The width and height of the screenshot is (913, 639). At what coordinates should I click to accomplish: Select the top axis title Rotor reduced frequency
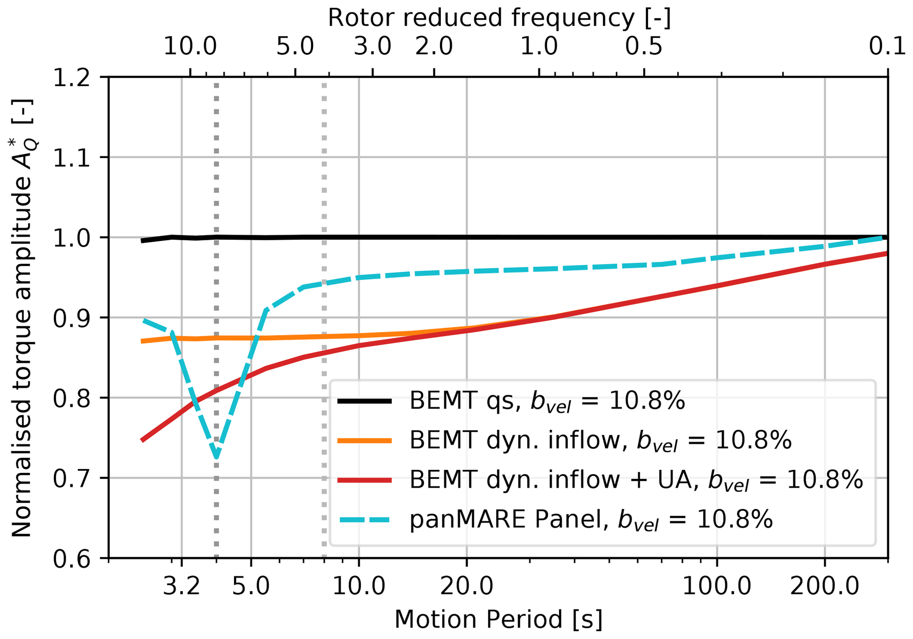click(499, 18)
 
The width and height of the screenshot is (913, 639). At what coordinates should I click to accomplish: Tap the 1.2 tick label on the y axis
click(71, 78)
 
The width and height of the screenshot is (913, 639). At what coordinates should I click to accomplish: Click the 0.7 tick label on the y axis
click(71, 479)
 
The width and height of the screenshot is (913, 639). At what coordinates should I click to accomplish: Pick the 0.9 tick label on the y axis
click(71, 318)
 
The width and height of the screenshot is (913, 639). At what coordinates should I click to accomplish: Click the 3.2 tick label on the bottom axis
click(182, 587)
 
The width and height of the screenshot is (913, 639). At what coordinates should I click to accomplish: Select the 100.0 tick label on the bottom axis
click(717, 587)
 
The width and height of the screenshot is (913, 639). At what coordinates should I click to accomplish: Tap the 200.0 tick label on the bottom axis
click(825, 587)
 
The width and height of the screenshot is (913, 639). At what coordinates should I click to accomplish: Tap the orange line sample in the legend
click(364, 441)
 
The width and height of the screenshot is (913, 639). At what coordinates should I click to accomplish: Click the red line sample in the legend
click(364, 480)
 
